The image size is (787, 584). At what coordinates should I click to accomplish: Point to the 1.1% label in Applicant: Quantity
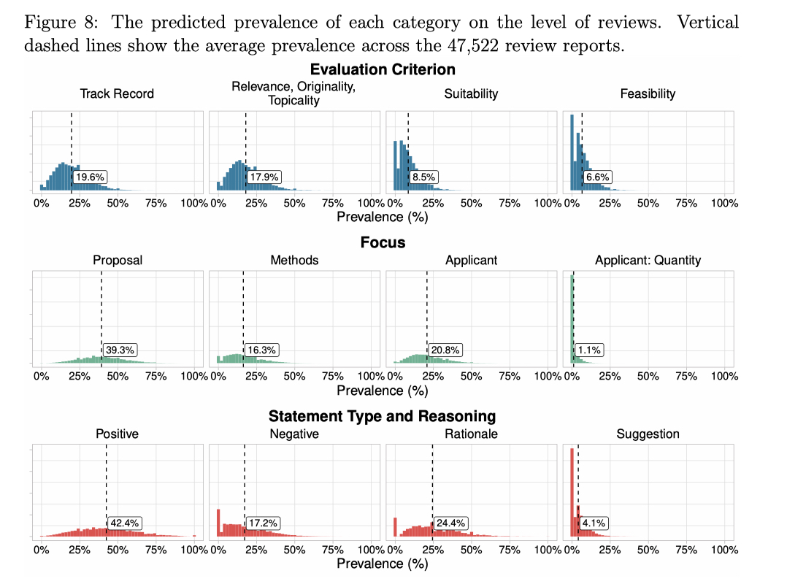click(588, 350)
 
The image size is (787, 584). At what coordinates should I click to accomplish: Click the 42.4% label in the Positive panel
click(125, 523)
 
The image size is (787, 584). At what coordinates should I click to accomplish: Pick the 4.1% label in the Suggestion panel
click(594, 523)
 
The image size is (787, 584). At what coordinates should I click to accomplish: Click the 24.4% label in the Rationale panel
click(451, 523)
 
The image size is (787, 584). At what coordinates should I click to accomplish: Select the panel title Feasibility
click(648, 93)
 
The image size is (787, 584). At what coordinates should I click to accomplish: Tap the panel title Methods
click(294, 260)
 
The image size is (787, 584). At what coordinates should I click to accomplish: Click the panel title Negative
click(294, 434)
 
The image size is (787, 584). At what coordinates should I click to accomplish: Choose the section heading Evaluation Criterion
click(382, 70)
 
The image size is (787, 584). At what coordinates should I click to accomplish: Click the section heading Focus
click(383, 242)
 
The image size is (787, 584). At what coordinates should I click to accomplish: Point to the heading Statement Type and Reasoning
click(382, 416)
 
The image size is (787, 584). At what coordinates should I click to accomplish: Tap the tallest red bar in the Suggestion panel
click(571, 493)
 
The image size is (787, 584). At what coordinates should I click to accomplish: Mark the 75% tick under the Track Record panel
click(156, 204)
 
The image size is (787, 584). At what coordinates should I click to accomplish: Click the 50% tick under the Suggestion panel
click(648, 550)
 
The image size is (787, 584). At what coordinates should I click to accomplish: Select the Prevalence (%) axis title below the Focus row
click(382, 391)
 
